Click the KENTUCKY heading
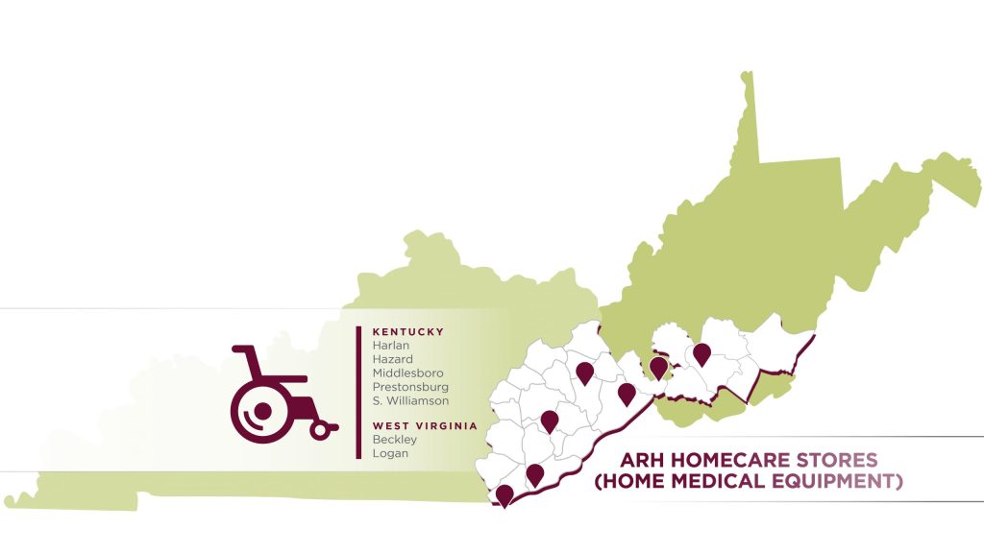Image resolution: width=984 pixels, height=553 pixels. click(x=407, y=332)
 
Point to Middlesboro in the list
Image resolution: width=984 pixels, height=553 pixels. click(x=407, y=373)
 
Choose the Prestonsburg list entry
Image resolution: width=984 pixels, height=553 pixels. click(x=410, y=387)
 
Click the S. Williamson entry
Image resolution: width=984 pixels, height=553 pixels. click(x=409, y=400)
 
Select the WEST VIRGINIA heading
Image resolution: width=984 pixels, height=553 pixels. click(x=424, y=425)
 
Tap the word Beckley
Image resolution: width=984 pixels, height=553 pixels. click(x=394, y=440)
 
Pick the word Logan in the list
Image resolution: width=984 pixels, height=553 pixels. click(x=389, y=453)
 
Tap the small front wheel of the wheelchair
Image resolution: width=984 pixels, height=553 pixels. click(x=319, y=431)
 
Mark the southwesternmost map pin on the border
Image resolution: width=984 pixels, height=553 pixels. click(x=504, y=494)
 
